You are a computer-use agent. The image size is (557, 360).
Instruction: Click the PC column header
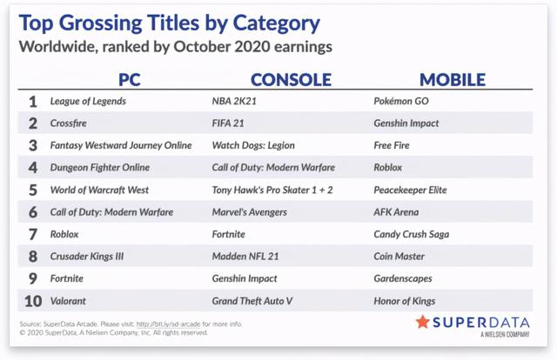pos(130,79)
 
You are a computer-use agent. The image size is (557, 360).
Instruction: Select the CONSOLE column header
pos(291,79)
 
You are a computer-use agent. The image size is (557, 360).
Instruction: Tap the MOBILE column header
pos(453,79)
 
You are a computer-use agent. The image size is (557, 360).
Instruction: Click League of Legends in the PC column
pos(88,101)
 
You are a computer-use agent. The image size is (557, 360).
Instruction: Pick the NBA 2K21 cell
pos(234,101)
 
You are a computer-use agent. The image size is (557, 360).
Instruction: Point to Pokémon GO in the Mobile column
pos(401,101)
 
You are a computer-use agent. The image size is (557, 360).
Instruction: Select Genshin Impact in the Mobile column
pos(406,123)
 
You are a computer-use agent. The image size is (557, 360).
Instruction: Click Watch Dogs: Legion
pos(253,145)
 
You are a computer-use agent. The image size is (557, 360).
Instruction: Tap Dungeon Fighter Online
pos(100,168)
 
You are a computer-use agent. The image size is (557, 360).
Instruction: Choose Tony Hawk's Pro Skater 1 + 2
pos(272,190)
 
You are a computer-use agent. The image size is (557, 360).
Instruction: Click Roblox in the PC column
pos(64,234)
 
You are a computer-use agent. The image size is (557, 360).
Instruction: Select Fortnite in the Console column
pos(228,234)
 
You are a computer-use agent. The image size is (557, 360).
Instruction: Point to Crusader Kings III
pos(87,257)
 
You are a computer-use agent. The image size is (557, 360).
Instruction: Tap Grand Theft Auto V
pos(252,301)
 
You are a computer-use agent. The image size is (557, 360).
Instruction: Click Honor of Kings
pos(404,301)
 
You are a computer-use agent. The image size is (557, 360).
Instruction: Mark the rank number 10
pos(33,301)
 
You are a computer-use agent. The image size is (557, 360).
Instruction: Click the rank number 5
pos(33,190)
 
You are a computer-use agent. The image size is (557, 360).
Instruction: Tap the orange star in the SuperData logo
pos(422,322)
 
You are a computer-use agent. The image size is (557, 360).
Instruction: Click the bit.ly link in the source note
pos(168,323)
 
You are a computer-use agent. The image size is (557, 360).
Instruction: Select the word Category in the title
pos(276,23)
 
